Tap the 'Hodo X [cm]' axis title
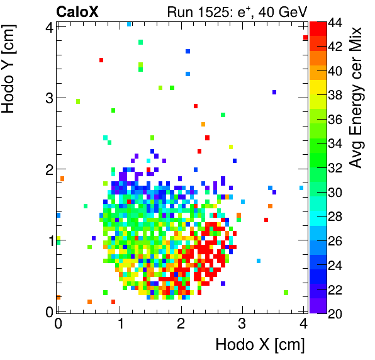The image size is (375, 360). (260, 345)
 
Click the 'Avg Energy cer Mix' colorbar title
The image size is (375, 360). (356, 98)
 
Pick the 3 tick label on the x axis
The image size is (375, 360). (242, 324)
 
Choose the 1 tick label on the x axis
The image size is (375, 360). (120, 324)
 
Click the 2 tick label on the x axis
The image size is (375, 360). (181, 324)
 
